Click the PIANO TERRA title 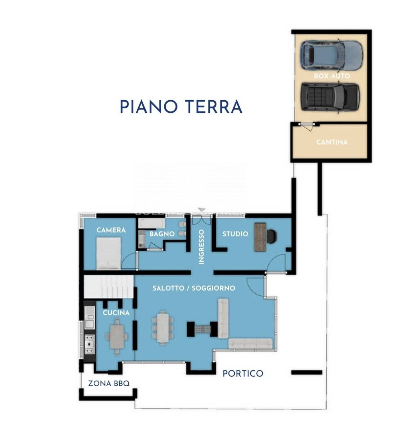(x=181, y=107)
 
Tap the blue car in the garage (x=331, y=55)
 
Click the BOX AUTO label (x=332, y=76)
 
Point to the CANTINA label (x=332, y=142)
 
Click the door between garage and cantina (x=307, y=126)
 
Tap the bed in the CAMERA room (x=109, y=253)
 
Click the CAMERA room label (x=111, y=230)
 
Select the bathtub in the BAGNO (x=151, y=224)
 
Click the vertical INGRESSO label (x=201, y=247)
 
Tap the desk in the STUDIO (x=260, y=237)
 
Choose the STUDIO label (x=235, y=234)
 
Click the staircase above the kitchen (x=109, y=287)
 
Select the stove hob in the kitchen (x=89, y=344)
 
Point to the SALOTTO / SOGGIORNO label (x=194, y=288)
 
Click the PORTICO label (x=243, y=373)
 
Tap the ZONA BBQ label (x=109, y=383)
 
